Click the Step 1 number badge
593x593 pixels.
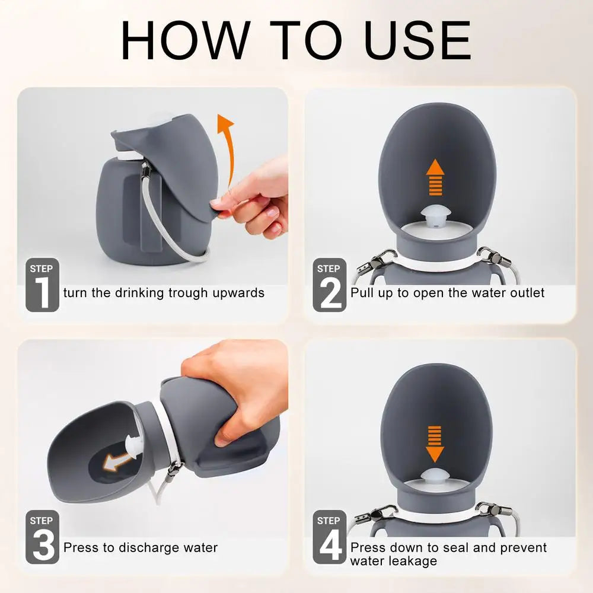(42, 285)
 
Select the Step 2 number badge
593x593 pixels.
(329, 285)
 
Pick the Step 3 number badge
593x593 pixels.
(42, 537)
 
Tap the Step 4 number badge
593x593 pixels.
(329, 537)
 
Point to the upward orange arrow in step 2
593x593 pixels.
(436, 177)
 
